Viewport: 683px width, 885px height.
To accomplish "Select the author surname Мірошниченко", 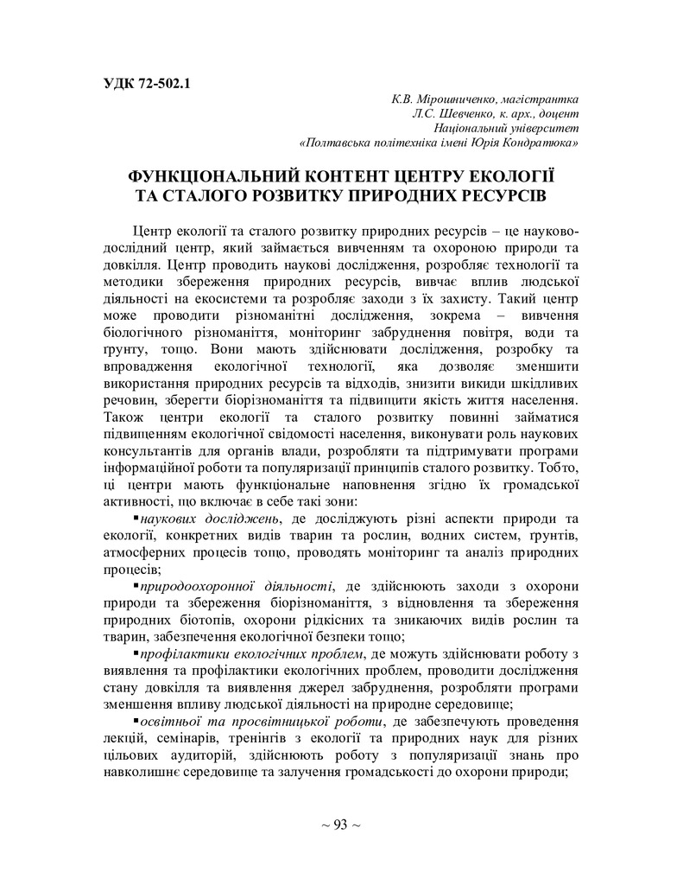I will [x=456, y=99].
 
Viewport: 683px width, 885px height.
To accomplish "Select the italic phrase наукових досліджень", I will [x=210, y=519].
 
